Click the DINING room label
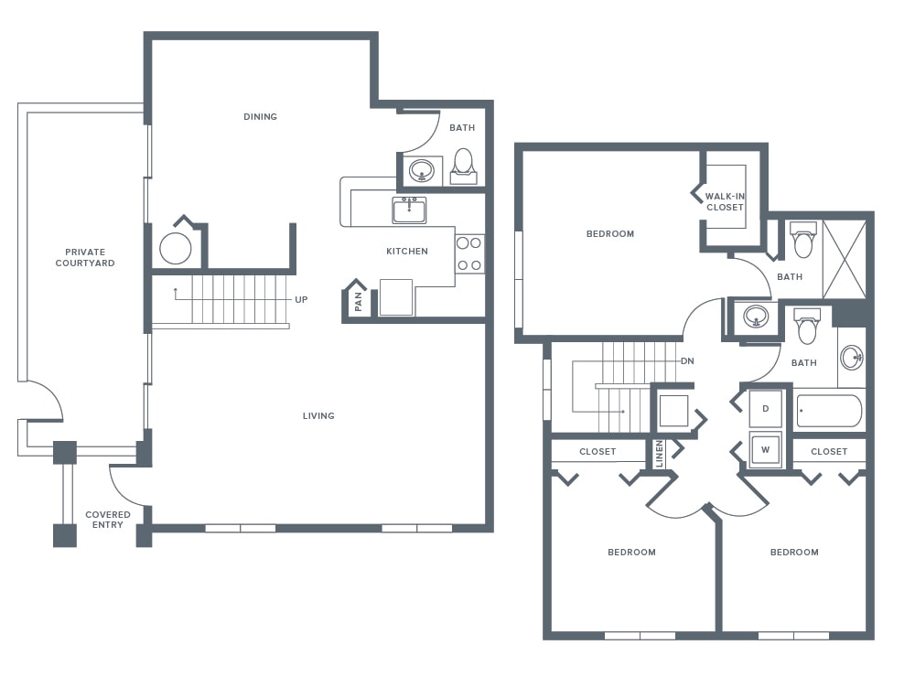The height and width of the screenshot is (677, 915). coord(260,117)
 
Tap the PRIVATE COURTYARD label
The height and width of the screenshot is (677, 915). coord(85,257)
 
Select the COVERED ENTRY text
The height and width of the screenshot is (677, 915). coord(108,520)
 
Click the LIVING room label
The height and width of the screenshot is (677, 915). coord(318,416)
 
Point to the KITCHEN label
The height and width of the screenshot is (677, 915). coord(407,251)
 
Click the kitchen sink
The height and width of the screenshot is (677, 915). coord(409,210)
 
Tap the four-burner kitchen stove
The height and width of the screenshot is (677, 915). coord(469,253)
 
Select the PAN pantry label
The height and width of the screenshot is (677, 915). coord(359,301)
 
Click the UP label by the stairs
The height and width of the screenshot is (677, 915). coord(301,299)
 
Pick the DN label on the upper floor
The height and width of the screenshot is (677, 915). coord(687,361)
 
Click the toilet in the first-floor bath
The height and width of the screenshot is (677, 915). coord(463,167)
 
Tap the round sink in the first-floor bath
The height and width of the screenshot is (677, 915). coord(421,171)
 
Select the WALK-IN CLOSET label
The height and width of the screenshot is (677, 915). coord(725,202)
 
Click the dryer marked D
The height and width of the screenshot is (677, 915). coord(766,409)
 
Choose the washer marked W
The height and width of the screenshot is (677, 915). coord(766,449)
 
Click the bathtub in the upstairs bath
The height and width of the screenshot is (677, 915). coord(829,411)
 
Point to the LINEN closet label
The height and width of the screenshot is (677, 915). coord(660,454)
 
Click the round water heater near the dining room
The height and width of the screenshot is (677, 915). coord(176,249)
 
